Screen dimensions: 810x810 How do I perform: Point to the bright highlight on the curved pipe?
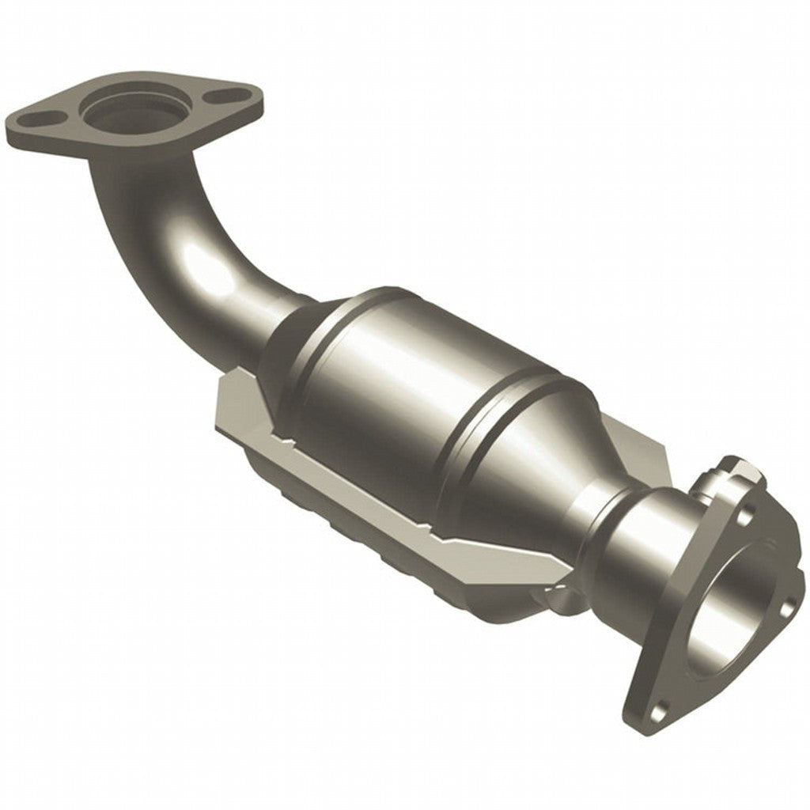pyautogui.click(x=207, y=266)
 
